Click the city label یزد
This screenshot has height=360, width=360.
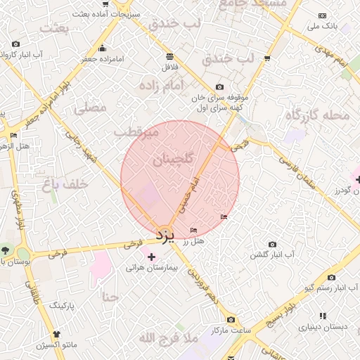164,233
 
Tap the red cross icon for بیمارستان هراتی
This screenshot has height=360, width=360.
151,257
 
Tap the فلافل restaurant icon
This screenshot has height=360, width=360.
169,56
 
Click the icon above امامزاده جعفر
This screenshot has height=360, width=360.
103,49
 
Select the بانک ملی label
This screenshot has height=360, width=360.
323,26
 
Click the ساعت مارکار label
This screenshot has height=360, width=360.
231,330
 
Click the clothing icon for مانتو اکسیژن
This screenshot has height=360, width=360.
57,334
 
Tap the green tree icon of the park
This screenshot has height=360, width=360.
5,250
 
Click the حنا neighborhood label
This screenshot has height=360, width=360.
110,297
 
